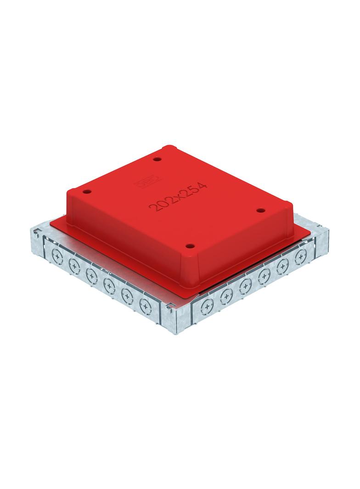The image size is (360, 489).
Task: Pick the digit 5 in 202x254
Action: [195, 189]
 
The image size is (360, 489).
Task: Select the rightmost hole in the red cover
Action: [260, 211]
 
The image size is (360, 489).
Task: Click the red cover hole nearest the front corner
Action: [188, 246]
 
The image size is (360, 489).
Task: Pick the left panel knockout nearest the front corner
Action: [145, 303]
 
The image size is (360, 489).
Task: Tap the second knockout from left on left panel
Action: [74, 264]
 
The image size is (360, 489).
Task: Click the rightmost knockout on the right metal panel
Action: [301, 255]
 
